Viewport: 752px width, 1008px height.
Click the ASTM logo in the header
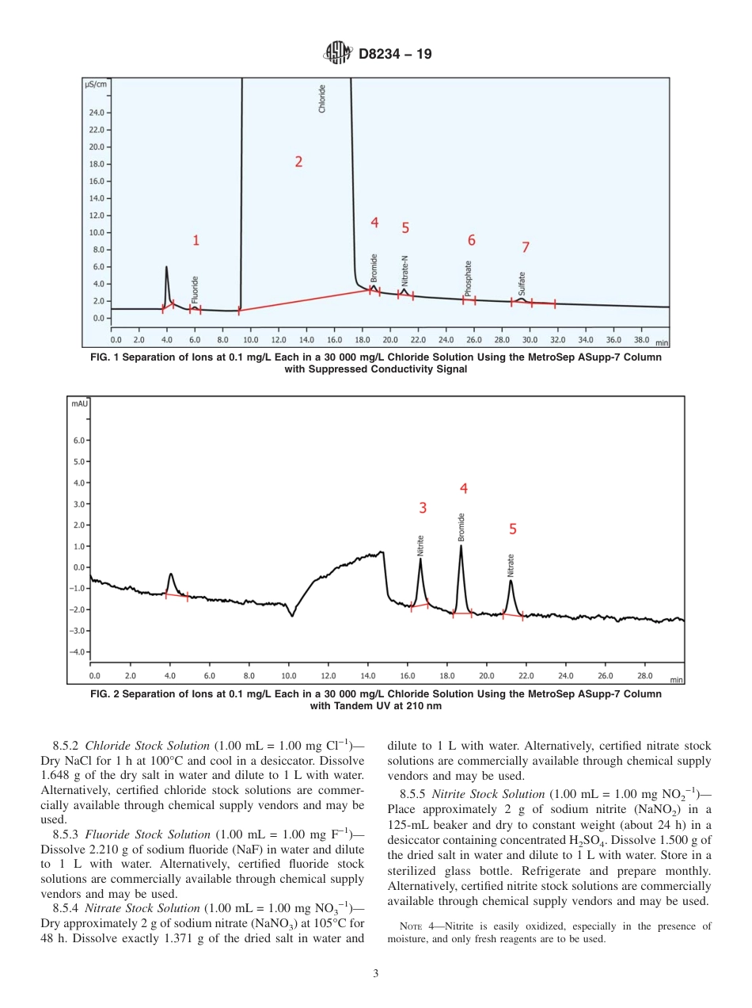pyautogui.click(x=338, y=54)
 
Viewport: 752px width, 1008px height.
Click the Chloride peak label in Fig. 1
pyautogui.click(x=322, y=99)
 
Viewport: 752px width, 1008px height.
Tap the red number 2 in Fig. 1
pyautogui.click(x=298, y=162)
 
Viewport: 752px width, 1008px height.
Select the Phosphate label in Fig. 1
pyautogui.click(x=469, y=278)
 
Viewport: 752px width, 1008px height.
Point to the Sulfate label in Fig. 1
pyautogui.click(x=522, y=284)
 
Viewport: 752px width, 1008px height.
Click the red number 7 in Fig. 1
pyautogui.click(x=526, y=247)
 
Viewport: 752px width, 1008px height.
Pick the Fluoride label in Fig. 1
pyautogui.click(x=195, y=290)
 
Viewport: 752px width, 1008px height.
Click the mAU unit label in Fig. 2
pyautogui.click(x=79, y=403)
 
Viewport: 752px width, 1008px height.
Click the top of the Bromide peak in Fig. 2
pyautogui.click(x=461, y=546)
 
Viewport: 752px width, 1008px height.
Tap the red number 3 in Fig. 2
pyautogui.click(x=423, y=507)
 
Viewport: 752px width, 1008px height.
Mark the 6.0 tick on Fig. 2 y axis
pyautogui.click(x=79, y=440)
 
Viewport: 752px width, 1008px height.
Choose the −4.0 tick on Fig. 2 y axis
pyautogui.click(x=78, y=652)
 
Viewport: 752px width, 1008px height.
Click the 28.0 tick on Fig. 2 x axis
pyautogui.click(x=645, y=676)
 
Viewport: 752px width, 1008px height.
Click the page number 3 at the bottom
pyautogui.click(x=375, y=974)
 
